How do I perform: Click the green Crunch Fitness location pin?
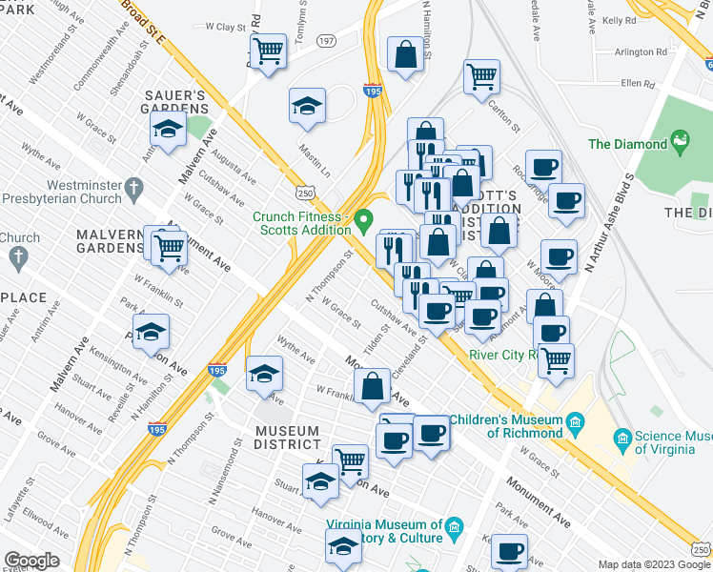(363, 223)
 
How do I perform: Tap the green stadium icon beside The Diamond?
(681, 144)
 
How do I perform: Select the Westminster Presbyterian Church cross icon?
(134, 189)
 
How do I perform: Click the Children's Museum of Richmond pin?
(575, 420)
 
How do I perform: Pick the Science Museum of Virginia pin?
(623, 439)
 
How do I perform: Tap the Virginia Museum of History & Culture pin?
(455, 526)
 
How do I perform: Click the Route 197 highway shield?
(327, 41)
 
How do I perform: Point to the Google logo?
(31, 560)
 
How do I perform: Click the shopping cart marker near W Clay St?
(269, 51)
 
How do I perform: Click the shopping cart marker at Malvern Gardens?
(170, 247)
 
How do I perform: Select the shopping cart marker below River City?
(556, 360)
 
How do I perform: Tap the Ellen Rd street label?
(638, 84)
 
